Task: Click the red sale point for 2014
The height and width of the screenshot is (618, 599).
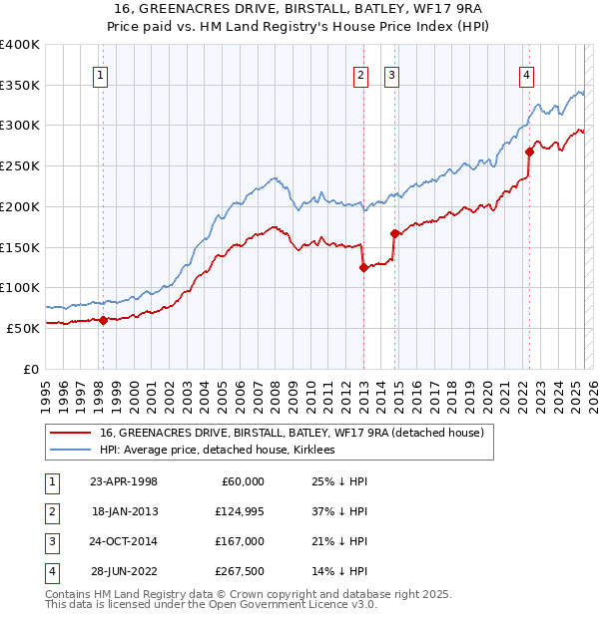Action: click(x=395, y=233)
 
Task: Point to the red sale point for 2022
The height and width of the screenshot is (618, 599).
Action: click(x=529, y=152)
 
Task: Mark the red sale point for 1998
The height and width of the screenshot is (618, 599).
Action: click(x=103, y=320)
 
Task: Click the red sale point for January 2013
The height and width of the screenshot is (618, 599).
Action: click(x=363, y=267)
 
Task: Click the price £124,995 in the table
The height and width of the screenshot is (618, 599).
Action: click(x=239, y=510)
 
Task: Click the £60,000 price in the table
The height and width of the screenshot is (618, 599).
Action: click(x=243, y=480)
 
